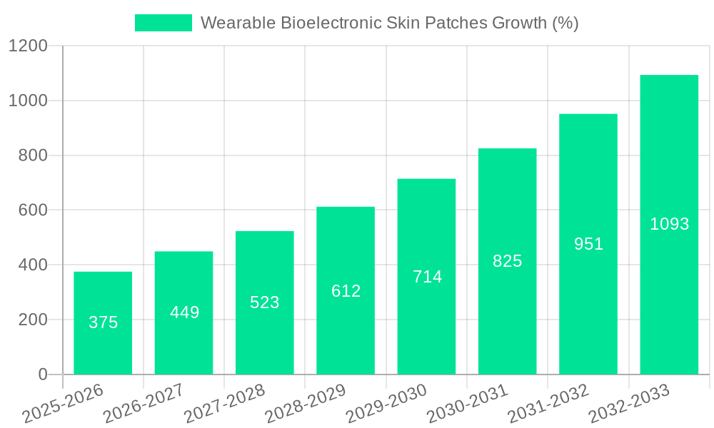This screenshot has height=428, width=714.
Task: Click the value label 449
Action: pos(184,312)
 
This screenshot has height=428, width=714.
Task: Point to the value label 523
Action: pos(265,302)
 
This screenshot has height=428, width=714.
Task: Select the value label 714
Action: pos(427,277)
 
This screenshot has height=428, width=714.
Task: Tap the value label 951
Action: pos(588,244)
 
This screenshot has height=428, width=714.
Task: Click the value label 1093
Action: pos(669,224)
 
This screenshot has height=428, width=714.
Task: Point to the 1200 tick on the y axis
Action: pos(28,46)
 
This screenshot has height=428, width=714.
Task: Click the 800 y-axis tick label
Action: pos(33,156)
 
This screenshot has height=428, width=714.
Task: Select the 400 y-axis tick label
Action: pos(33,265)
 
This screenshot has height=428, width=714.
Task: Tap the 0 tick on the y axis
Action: pos(43,374)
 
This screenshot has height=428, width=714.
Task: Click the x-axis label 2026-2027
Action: pos(143,404)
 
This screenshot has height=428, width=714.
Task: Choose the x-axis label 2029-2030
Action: pos(386,404)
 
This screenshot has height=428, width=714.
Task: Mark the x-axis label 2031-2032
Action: pos(548,404)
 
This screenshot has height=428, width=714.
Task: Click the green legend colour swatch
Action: pos(163,23)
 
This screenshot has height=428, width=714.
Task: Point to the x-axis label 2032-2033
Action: pos(628,404)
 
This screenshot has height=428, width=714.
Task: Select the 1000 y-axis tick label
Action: pos(28,101)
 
